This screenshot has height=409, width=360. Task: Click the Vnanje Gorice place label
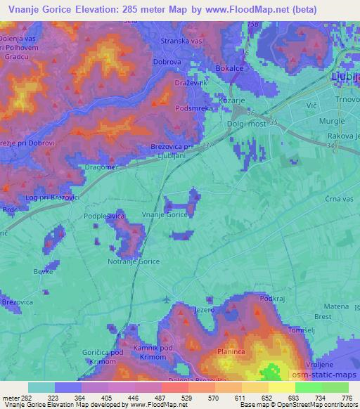(x=167, y=216)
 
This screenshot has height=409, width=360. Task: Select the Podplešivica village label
(x=104, y=216)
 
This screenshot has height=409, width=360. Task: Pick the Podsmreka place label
(x=194, y=109)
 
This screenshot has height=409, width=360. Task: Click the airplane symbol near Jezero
(x=166, y=299)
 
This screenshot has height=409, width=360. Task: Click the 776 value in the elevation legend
(x=347, y=398)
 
